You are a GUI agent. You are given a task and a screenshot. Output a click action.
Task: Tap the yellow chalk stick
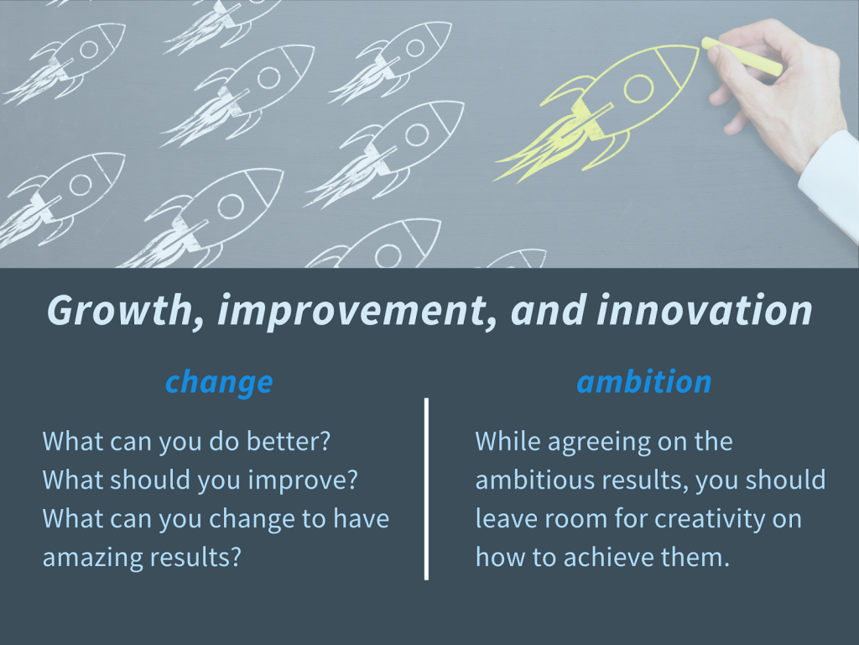pos(742,56)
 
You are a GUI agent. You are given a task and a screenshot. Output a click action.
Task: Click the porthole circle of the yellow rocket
pos(638,87)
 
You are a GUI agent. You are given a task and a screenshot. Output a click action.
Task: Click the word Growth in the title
pos(119,311)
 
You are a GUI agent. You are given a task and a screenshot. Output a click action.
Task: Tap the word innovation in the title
pos(704,310)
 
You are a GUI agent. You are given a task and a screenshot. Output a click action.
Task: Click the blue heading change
pos(219,382)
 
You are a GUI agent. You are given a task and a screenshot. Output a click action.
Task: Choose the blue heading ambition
pos(644,381)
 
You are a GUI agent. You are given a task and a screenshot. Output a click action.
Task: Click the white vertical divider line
pos(426,489)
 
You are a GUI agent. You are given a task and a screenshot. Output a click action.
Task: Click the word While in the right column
pos(508,441)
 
